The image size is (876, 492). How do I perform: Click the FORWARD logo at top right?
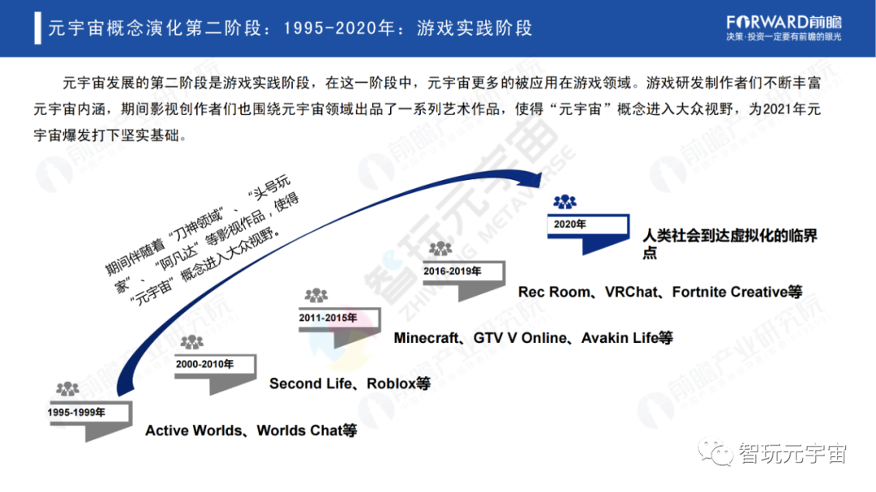point(784,22)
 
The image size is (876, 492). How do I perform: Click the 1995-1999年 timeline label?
point(75,412)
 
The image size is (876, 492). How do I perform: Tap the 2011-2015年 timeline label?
point(328,318)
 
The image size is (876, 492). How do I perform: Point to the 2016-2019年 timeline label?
point(453,271)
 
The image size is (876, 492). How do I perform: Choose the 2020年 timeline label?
point(570,224)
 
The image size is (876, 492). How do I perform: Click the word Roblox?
point(392,383)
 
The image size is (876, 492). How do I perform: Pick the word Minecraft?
point(426,337)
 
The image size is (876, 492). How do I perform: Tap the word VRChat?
point(632,291)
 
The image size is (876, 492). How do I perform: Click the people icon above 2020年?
point(565,201)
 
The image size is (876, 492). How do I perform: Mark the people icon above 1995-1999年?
point(67,389)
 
